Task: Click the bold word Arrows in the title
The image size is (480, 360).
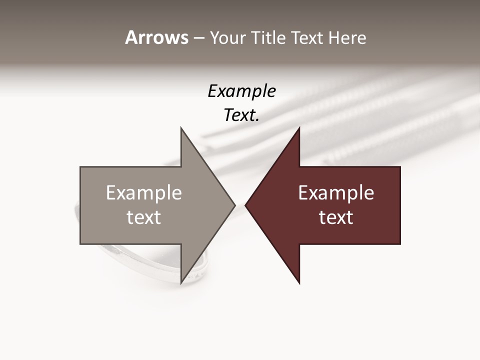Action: click(x=156, y=37)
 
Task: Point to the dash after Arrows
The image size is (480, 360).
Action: click(x=198, y=38)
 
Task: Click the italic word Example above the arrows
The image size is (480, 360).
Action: click(x=241, y=91)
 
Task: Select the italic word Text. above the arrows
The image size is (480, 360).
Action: click(x=241, y=115)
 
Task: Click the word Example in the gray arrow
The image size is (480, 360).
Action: click(x=143, y=193)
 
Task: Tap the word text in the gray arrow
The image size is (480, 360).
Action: click(x=143, y=217)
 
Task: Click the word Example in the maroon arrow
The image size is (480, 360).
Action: click(x=336, y=193)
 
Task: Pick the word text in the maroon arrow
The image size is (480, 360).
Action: click(x=336, y=217)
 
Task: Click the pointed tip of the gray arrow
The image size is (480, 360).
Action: click(x=234, y=205)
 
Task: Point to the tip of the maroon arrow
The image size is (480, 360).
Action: click(x=245, y=205)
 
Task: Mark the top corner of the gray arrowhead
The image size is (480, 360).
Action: click(x=181, y=128)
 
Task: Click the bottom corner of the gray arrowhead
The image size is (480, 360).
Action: click(x=181, y=283)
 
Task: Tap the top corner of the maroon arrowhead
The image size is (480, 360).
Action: click(x=299, y=128)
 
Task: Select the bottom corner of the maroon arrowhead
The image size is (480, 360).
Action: click(x=299, y=283)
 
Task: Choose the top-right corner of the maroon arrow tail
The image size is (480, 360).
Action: click(x=400, y=167)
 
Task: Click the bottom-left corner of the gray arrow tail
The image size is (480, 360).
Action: click(x=80, y=244)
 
